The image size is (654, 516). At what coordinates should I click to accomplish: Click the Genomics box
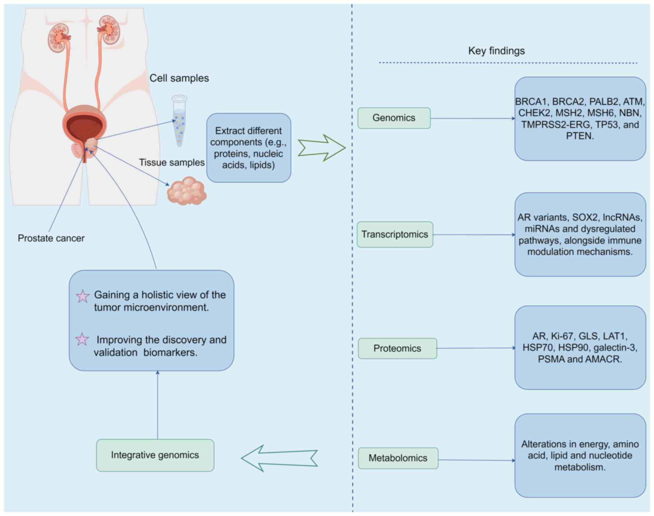pyautogui.click(x=394, y=118)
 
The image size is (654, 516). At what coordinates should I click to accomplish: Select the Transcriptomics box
pyautogui.click(x=395, y=234)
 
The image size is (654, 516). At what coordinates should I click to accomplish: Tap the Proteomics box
pyautogui.click(x=397, y=348)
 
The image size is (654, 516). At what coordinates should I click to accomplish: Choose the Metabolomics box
pyautogui.click(x=398, y=458)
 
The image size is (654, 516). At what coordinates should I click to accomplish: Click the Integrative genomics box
pyautogui.click(x=155, y=455)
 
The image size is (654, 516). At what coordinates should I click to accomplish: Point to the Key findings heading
pyautogui.click(x=496, y=51)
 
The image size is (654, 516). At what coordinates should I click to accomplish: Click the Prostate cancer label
pyautogui.click(x=51, y=238)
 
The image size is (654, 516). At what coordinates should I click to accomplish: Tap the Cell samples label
pyautogui.click(x=179, y=78)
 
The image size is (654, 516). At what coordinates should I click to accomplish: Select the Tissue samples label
pyautogui.click(x=172, y=163)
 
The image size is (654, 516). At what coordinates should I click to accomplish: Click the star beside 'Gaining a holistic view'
pyautogui.click(x=82, y=296)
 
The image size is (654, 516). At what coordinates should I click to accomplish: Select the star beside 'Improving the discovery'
pyautogui.click(x=82, y=339)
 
